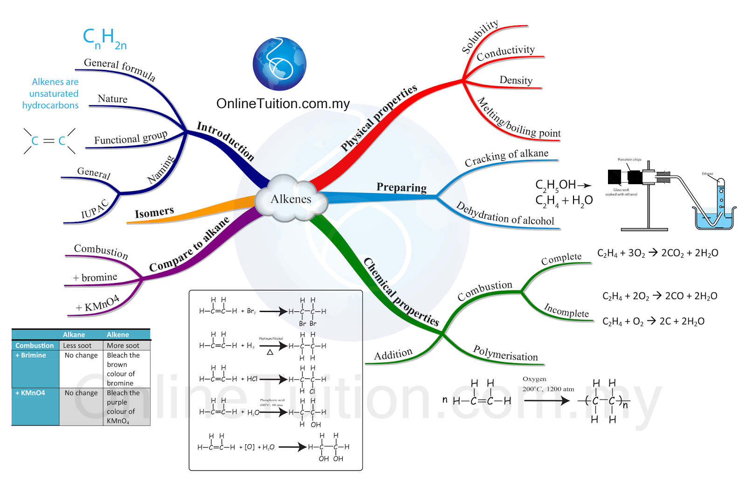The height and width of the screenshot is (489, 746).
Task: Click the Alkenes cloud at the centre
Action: (x=290, y=199)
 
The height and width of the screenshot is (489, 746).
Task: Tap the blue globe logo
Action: (x=279, y=64)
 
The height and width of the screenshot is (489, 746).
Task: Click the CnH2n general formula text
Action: (x=104, y=38)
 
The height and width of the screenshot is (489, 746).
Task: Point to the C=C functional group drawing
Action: (x=49, y=140)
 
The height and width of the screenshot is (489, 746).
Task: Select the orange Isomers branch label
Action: (x=154, y=213)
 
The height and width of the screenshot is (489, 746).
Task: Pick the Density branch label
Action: (x=516, y=80)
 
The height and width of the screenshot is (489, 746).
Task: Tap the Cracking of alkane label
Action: (x=506, y=157)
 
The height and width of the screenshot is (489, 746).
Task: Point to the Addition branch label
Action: (x=393, y=355)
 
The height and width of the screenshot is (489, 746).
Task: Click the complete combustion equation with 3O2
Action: (x=657, y=253)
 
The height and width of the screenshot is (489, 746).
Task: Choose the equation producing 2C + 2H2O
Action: (x=653, y=321)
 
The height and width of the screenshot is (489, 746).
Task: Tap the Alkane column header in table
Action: (x=74, y=335)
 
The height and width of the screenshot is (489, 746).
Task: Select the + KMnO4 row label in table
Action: (x=30, y=393)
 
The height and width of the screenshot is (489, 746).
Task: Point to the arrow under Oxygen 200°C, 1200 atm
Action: (x=546, y=400)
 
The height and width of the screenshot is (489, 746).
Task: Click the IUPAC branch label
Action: (x=95, y=209)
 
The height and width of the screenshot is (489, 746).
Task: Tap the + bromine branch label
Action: (x=95, y=278)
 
